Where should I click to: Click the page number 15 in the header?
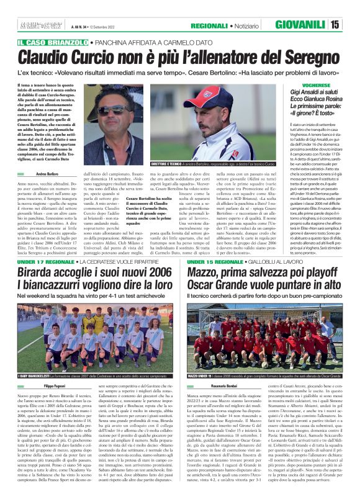351,25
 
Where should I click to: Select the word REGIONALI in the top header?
212,25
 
